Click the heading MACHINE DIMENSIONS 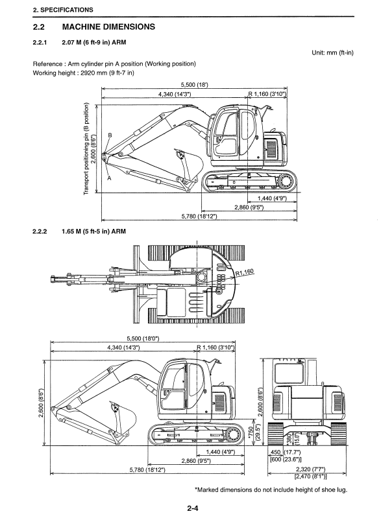108,27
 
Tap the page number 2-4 193,508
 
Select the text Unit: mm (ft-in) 332,53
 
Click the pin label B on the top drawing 110,135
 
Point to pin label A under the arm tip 110,178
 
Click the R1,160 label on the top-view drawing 245,272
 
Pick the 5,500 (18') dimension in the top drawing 195,85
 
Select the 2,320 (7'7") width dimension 310,469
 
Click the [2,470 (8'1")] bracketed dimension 310,476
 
